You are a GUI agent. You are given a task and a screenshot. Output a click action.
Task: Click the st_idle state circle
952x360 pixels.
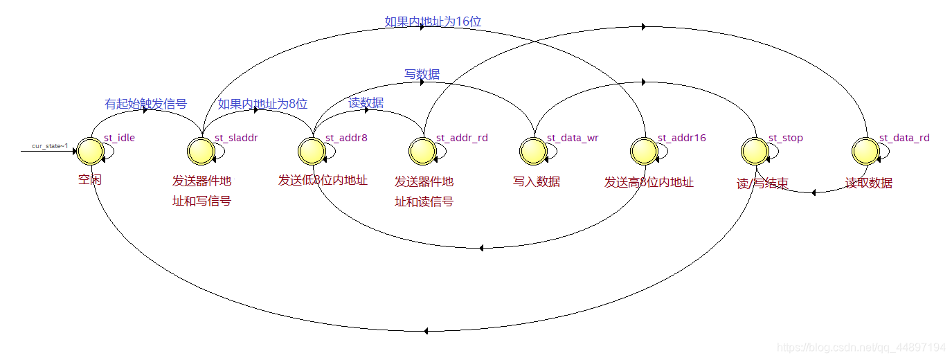click(x=90, y=150)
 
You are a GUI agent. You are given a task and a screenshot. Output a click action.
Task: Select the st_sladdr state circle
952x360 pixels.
click(x=201, y=150)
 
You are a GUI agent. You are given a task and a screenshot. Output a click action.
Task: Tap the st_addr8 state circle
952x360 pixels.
click(x=312, y=150)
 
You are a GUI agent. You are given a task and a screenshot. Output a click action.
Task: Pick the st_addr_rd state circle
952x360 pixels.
click(x=422, y=150)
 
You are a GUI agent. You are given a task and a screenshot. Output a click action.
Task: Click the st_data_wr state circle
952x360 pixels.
click(x=533, y=150)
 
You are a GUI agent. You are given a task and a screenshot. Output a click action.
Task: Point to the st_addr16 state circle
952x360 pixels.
click(x=644, y=150)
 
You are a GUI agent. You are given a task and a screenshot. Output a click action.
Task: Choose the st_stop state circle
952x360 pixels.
click(x=755, y=150)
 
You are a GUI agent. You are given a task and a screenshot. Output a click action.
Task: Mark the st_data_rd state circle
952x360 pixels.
click(x=865, y=150)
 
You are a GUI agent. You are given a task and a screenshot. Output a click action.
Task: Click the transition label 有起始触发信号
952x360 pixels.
click(x=145, y=105)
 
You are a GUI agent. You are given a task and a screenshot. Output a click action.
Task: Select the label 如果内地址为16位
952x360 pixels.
click(x=433, y=21)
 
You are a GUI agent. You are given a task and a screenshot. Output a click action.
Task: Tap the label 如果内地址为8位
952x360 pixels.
click(x=262, y=105)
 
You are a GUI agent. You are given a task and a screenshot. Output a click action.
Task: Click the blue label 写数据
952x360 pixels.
click(x=422, y=74)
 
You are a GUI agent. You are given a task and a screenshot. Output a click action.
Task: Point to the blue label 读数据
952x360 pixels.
click(x=366, y=103)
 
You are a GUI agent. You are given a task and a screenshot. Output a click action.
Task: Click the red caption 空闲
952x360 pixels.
click(x=90, y=180)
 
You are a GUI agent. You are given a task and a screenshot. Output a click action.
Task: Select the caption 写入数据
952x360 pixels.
click(x=537, y=182)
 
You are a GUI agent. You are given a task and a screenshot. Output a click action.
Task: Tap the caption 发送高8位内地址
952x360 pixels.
click(x=649, y=182)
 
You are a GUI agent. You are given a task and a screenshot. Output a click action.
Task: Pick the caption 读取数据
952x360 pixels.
click(x=869, y=183)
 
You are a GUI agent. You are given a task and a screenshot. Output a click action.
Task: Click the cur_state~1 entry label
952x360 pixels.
click(x=50, y=146)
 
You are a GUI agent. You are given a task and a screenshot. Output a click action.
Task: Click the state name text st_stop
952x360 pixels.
click(x=786, y=138)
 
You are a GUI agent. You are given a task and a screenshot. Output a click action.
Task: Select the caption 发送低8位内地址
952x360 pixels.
click(x=323, y=181)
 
